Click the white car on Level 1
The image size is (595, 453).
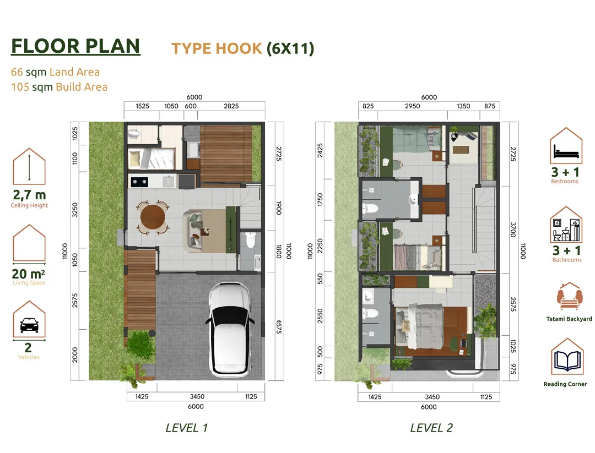pos(230,329)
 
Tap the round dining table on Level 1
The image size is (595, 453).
pos(153,217)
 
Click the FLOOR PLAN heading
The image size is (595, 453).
pos(75,46)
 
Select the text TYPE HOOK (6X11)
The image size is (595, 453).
pos(243,48)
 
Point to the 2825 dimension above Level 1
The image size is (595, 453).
pos(231,106)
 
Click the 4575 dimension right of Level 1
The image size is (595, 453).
pos(279,326)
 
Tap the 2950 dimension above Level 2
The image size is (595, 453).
pos(412,106)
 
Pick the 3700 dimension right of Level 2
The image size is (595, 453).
pos(513,230)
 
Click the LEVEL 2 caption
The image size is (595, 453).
pos(431,428)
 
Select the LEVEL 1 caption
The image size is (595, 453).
pos(187,428)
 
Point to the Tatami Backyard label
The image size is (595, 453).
pos(569,319)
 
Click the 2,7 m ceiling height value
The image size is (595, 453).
pos(29,195)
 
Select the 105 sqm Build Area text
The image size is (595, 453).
pos(59,87)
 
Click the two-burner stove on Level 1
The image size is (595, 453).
pos(139,182)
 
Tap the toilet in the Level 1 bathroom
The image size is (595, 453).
pos(251,240)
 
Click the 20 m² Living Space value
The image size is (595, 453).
pos(29,274)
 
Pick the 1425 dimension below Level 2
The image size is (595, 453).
pos(375,397)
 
